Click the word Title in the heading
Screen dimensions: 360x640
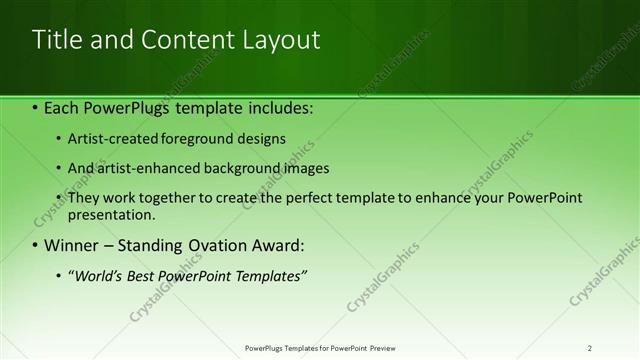54,40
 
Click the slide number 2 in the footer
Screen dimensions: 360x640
589,348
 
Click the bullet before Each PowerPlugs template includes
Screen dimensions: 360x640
35,107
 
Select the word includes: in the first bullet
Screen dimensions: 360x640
280,107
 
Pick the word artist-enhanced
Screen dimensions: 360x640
141,169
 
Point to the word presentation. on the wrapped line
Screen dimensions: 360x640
111,215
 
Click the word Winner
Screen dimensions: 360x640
70,245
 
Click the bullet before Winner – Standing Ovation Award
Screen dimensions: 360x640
35,245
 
